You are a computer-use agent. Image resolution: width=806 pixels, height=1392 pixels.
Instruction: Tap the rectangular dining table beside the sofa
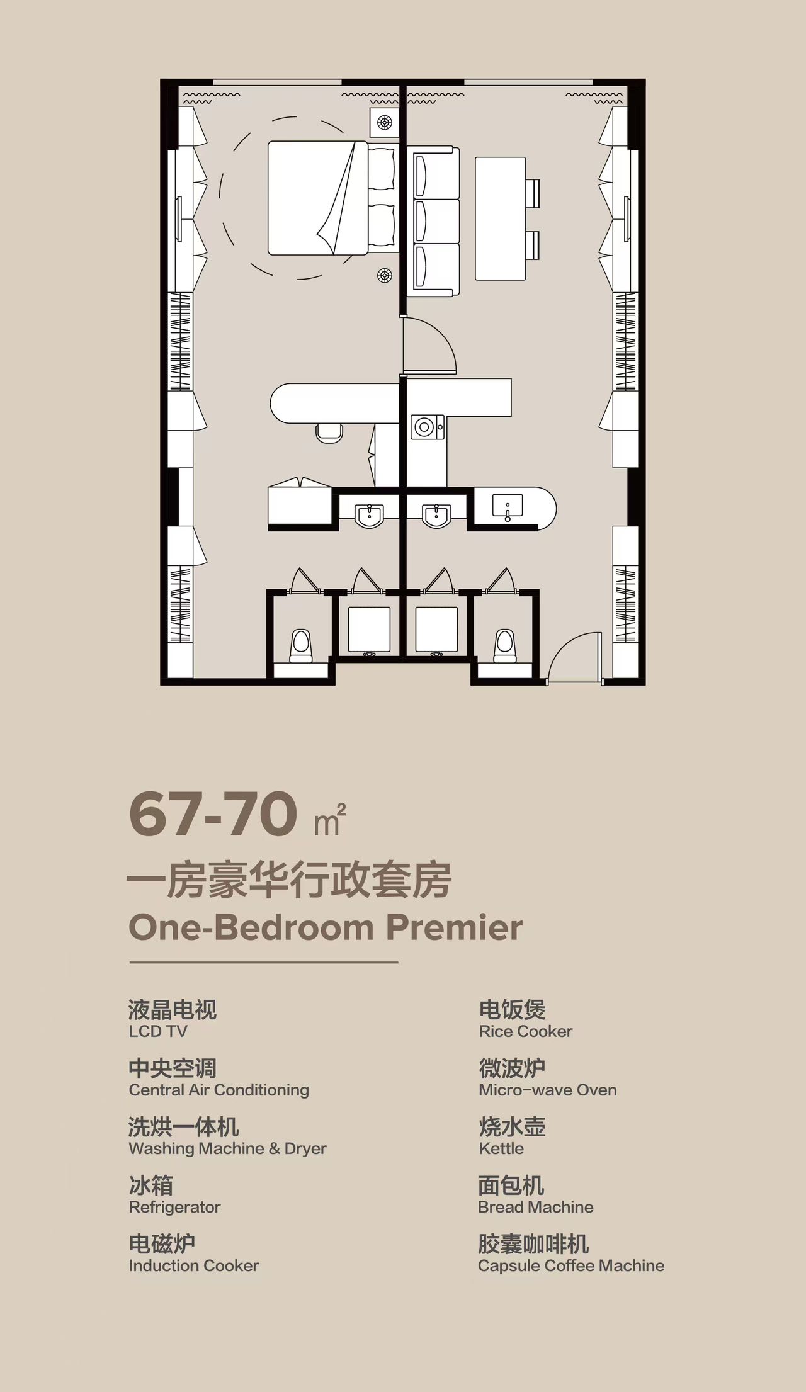[500, 218]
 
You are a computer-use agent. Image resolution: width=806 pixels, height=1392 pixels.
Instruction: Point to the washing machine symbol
[428, 427]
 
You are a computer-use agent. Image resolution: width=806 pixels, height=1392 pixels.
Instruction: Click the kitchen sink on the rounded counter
[508, 507]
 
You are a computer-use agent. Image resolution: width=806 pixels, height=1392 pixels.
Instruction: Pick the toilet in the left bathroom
[301, 646]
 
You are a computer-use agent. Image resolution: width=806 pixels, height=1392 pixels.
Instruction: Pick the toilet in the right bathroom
[505, 646]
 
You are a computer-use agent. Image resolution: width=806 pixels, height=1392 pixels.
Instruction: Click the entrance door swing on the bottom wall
[574, 658]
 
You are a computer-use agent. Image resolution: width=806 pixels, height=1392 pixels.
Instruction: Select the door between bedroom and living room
[428, 346]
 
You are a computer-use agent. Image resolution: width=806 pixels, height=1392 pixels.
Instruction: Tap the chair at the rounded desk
[329, 433]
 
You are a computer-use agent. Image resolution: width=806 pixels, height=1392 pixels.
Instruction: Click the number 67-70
[213, 814]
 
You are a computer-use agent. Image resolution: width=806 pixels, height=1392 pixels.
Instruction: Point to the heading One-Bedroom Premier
[326, 927]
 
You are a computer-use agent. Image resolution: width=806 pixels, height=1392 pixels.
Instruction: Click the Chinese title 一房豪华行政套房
[290, 880]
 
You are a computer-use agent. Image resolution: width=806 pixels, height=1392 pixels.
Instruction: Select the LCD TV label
[158, 1031]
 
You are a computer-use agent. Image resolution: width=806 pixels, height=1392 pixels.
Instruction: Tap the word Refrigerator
[174, 1207]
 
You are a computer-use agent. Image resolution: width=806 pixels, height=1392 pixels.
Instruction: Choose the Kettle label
[501, 1148]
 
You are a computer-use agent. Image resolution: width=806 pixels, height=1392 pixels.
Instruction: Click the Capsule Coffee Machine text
[571, 1265]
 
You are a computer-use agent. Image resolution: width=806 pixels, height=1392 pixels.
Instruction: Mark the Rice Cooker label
[526, 1031]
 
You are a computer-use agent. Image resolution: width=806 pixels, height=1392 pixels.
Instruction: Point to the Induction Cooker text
[194, 1265]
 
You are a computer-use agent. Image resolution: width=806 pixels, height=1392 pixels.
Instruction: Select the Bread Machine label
[536, 1207]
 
